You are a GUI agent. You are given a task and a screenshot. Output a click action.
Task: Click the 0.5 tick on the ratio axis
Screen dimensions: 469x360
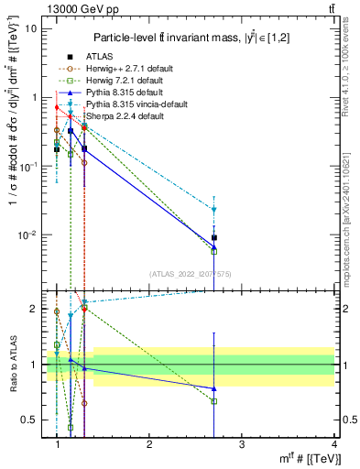pyautogui.click(x=30, y=420)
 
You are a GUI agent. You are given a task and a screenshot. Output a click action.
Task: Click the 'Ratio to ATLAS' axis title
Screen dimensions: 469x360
pyautogui.click(x=12, y=365)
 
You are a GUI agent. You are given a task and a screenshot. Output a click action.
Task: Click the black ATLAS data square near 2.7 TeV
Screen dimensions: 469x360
pyautogui.click(x=213, y=238)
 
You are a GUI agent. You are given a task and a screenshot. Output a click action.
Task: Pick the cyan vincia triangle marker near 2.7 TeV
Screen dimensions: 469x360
pyautogui.click(x=213, y=210)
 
